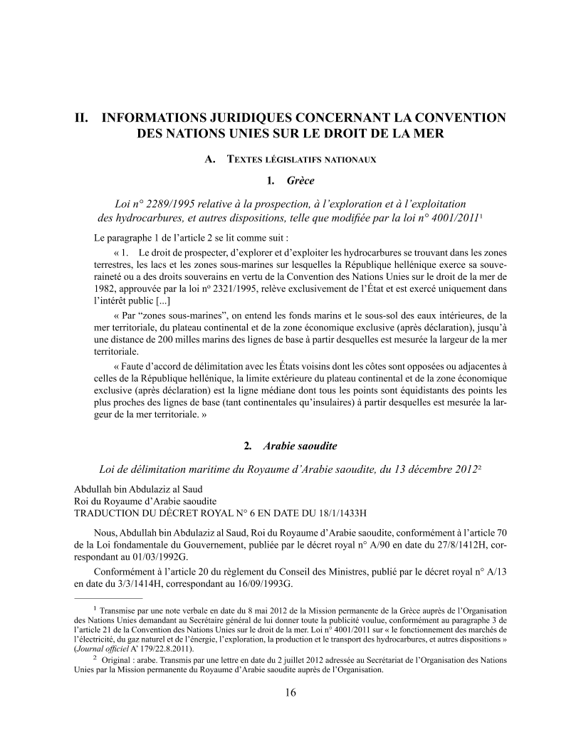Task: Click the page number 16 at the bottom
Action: pos(290,693)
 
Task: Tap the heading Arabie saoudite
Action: pos(300,446)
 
